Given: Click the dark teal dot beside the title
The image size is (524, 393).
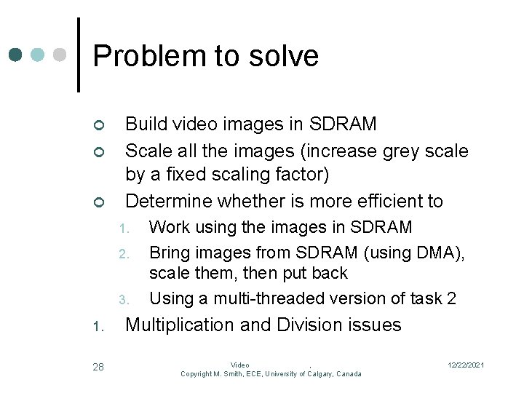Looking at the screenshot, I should [x=16, y=55].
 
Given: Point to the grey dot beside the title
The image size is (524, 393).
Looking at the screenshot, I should [x=61, y=55].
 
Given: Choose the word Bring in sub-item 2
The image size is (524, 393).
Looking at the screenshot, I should [x=170, y=253].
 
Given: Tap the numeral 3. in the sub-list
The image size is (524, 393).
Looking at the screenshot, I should [x=124, y=300].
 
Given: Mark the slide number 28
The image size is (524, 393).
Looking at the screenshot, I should [x=98, y=367].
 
